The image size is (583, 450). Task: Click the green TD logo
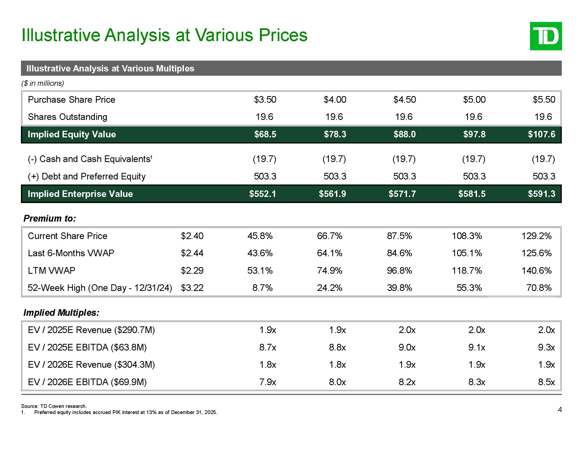point(546,36)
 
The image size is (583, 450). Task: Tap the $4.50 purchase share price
point(404,100)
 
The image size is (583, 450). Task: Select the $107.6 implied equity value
point(541,134)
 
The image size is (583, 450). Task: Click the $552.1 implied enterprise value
point(262,194)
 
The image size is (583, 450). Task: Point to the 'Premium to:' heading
point(50,218)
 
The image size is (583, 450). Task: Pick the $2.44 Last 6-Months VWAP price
point(192,253)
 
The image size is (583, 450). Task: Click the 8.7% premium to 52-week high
point(262,288)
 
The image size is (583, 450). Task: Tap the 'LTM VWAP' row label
point(51,271)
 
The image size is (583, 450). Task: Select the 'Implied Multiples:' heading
point(61,312)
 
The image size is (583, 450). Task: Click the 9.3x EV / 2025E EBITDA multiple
point(546,347)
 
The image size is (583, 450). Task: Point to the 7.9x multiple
point(268,382)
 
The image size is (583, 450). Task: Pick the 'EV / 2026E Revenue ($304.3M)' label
point(91,365)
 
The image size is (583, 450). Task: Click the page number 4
point(560,409)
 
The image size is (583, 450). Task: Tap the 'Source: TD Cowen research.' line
point(54,406)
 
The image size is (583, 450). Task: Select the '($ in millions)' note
point(42,83)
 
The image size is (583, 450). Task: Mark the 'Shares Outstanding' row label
point(68,117)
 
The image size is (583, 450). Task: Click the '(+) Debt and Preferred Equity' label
point(87,177)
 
